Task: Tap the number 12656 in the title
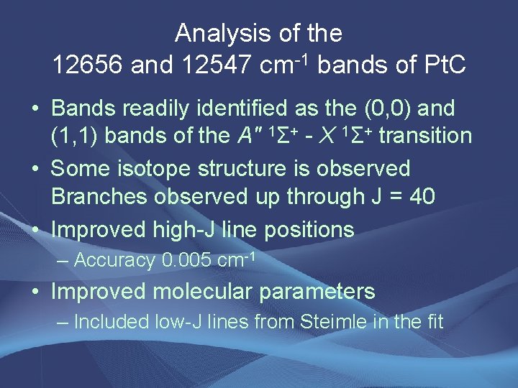click(x=91, y=65)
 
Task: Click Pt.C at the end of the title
click(x=441, y=65)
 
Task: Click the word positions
click(x=312, y=229)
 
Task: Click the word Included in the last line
click(x=112, y=321)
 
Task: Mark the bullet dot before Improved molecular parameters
click(x=35, y=292)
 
